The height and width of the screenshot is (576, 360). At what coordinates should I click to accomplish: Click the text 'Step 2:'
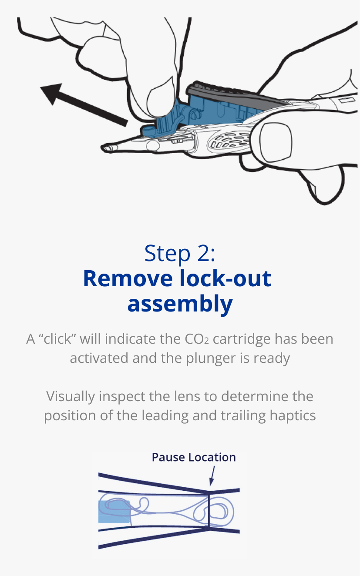coord(180,253)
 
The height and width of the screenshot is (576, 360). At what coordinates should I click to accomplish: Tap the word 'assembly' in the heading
coord(180,304)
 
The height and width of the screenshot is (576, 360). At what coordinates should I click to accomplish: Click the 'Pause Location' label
coord(194,457)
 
